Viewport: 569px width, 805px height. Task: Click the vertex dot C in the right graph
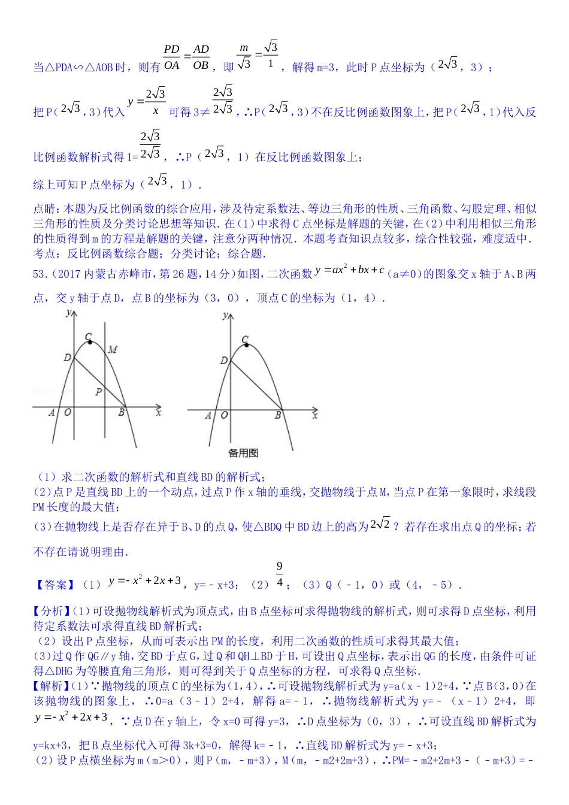click(247, 346)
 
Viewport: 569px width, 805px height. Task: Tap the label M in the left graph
click(112, 349)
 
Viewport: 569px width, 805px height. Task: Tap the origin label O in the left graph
click(68, 412)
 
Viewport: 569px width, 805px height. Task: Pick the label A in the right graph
click(208, 414)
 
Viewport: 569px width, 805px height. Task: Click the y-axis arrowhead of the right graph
click(231, 315)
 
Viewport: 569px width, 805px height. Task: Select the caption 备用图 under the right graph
click(243, 453)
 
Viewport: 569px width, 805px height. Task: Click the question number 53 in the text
click(39, 274)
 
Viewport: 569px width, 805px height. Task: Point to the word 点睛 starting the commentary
click(44, 208)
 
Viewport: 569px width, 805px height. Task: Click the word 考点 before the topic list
click(44, 253)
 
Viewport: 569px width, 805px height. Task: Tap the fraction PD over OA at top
click(172, 57)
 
